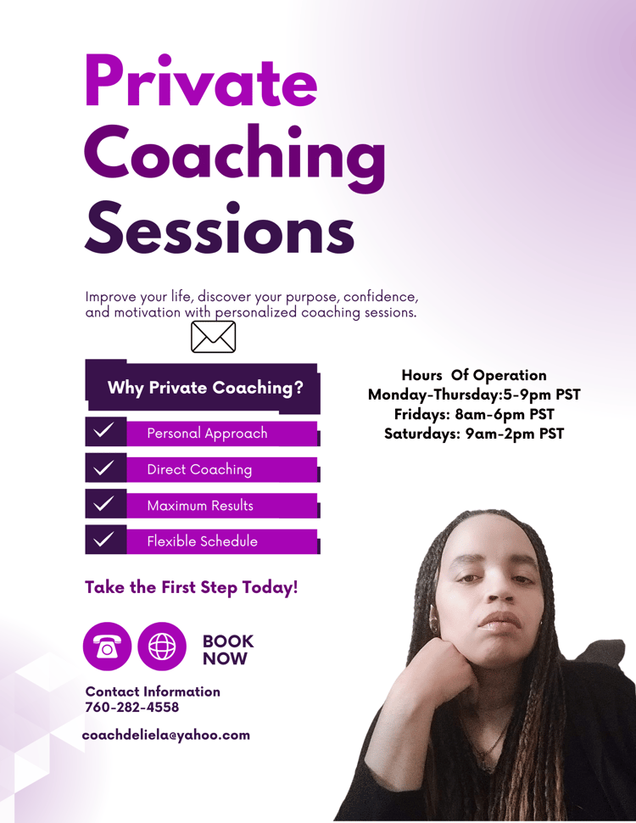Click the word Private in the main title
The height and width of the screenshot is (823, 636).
point(201,81)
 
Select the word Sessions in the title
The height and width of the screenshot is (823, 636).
point(220,229)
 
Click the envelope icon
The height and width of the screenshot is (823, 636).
point(213,337)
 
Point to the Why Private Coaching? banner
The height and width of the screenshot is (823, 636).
point(203,387)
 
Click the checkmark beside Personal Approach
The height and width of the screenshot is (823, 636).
point(103,431)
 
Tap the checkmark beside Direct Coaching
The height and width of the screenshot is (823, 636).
point(103,467)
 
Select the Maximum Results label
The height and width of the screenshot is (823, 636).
point(200,506)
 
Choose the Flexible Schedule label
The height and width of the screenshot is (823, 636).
point(202,541)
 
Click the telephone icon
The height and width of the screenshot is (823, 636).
point(107,647)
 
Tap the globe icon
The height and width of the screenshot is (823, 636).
point(162,647)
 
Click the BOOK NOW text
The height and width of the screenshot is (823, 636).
point(228,650)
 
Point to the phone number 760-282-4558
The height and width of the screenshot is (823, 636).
point(131,708)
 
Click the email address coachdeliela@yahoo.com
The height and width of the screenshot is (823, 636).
point(166,735)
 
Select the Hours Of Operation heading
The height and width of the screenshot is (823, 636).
point(474,375)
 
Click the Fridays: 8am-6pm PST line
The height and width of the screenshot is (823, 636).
point(474,414)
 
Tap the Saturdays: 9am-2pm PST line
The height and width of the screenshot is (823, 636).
point(474,434)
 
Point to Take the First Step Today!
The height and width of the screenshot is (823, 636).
point(191,587)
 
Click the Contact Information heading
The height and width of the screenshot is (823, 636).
point(153,691)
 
